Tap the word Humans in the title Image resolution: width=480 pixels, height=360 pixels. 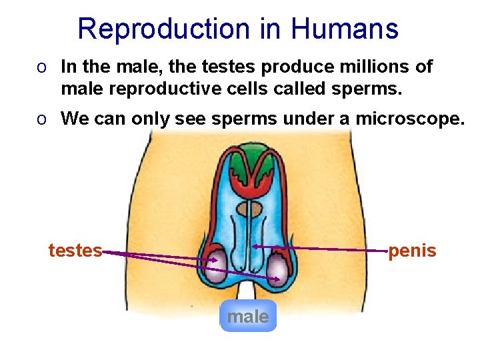pyautogui.click(x=345, y=29)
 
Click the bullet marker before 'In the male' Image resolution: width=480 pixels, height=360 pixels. pyautogui.click(x=42, y=67)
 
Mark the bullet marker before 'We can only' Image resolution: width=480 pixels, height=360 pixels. pyautogui.click(x=42, y=119)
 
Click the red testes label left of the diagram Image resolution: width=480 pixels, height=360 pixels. pyautogui.click(x=75, y=251)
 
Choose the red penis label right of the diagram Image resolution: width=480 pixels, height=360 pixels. pyautogui.click(x=412, y=251)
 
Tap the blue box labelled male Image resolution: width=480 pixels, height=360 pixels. pyautogui.click(x=247, y=316)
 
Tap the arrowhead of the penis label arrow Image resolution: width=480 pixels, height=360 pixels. pyautogui.click(x=256, y=247)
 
